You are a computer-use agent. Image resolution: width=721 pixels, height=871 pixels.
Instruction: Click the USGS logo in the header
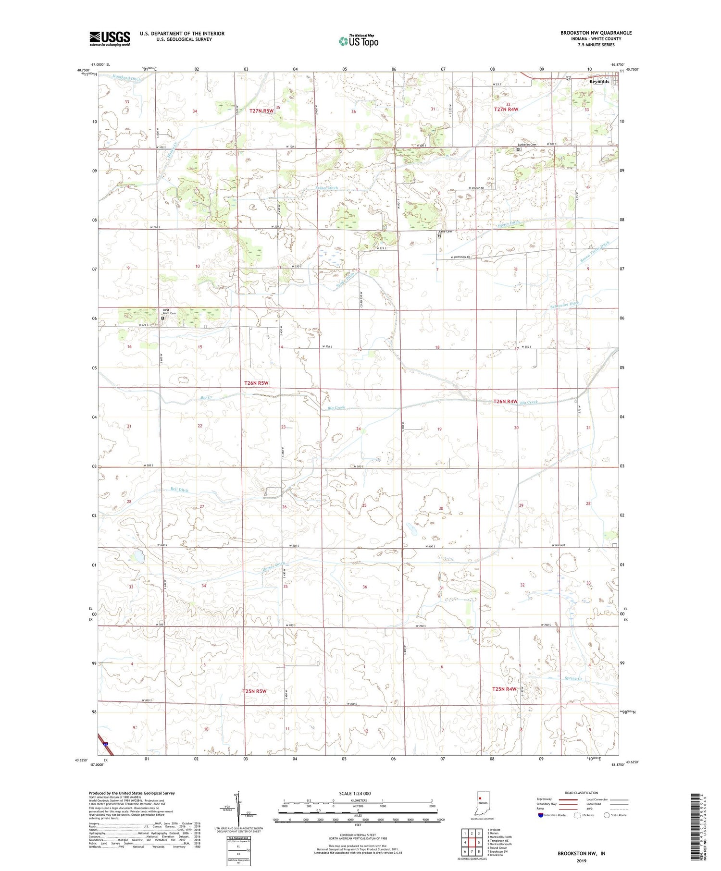(110, 38)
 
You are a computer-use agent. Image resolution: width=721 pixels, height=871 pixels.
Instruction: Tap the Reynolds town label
(599, 82)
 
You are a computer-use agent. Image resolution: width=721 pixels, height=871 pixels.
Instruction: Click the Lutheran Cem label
(527, 145)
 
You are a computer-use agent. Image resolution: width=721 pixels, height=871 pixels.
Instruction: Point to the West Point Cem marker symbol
(162, 318)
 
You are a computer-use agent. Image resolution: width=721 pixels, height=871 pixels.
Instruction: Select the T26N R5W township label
(256, 383)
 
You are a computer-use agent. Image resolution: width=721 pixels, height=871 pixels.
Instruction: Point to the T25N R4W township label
(504, 689)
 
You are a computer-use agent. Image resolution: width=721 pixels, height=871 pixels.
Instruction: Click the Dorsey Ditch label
(273, 567)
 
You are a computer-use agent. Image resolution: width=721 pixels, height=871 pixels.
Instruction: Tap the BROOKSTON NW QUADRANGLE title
(596, 33)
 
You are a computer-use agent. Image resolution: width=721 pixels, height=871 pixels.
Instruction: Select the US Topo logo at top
(358, 41)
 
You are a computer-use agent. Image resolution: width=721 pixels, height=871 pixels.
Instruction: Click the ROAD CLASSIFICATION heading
(582, 793)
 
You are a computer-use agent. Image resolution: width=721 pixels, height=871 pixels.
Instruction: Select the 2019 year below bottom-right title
(581, 861)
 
